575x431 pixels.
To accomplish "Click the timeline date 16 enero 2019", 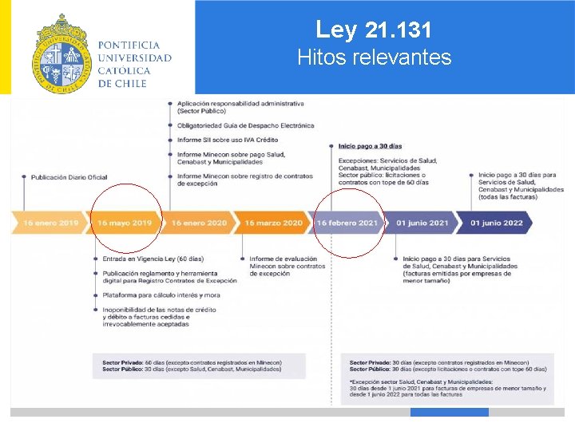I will [x=51, y=223].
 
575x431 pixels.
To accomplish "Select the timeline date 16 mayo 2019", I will [x=125, y=223].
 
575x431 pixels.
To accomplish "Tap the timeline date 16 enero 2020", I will [x=199, y=223].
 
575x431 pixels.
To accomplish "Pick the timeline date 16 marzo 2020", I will [x=274, y=223].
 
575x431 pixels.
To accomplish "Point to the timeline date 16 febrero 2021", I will [x=347, y=223].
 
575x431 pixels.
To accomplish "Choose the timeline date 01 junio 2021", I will [x=422, y=223].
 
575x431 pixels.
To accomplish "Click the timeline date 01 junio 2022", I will [x=497, y=223].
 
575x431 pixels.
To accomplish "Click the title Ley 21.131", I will [x=374, y=30].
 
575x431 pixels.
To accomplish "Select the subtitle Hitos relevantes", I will [x=374, y=57].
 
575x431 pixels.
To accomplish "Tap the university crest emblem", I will [x=61, y=54].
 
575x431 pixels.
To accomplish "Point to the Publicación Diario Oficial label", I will [x=69, y=177].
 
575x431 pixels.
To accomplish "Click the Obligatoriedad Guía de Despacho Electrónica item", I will [x=245, y=125].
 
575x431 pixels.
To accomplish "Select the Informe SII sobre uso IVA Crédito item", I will [x=228, y=140].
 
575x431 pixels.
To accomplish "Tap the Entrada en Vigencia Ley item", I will [x=153, y=259].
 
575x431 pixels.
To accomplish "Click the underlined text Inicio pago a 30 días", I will [x=370, y=146].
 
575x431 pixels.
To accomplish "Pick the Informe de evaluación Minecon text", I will [x=283, y=259].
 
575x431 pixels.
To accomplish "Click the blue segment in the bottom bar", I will [x=449, y=413].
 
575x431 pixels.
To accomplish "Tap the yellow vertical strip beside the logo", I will [x=5, y=47].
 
